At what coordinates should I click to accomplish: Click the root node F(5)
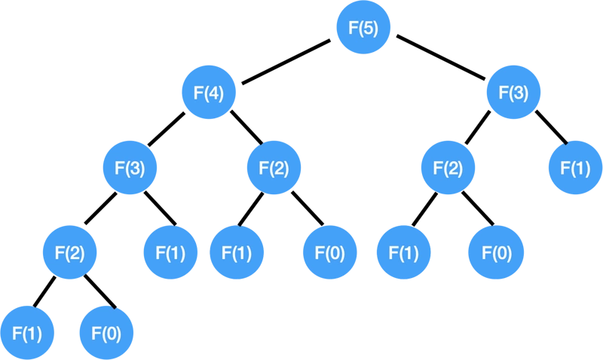point(363,27)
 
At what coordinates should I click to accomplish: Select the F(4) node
point(209,92)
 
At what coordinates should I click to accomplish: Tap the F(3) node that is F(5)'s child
point(513,92)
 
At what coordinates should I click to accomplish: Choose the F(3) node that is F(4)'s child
point(130,167)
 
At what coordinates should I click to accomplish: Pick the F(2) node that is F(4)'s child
point(274,167)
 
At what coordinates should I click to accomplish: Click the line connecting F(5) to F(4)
point(286,62)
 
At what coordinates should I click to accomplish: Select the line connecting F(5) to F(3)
point(441,58)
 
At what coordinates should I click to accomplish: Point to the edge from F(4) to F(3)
point(167,129)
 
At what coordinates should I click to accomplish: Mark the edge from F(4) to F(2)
point(246,127)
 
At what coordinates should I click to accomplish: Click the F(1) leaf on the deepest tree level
point(27,333)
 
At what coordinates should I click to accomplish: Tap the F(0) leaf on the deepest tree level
point(106,333)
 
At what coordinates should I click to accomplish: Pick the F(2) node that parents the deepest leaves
point(69,252)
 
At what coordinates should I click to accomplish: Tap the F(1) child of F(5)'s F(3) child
point(575,167)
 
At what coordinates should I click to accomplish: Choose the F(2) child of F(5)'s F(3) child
point(448,167)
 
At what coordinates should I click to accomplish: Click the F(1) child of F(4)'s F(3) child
point(170,252)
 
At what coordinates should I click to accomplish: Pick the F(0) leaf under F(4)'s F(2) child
point(330,252)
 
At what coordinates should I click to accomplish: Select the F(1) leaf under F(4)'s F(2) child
point(237,252)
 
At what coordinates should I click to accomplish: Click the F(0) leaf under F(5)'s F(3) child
point(496,252)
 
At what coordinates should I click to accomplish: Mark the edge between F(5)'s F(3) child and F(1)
point(552,127)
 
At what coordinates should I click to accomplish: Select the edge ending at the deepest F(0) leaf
point(99,291)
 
